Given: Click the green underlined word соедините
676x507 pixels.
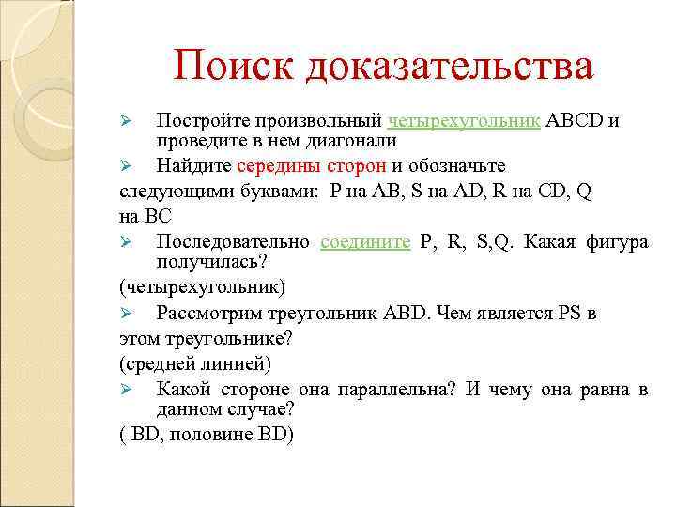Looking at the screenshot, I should tap(365, 241).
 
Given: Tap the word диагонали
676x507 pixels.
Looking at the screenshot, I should tap(349, 141).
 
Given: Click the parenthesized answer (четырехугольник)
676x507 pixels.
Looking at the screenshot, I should tap(203, 286).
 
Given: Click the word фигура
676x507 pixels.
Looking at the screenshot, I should tap(616, 241).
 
